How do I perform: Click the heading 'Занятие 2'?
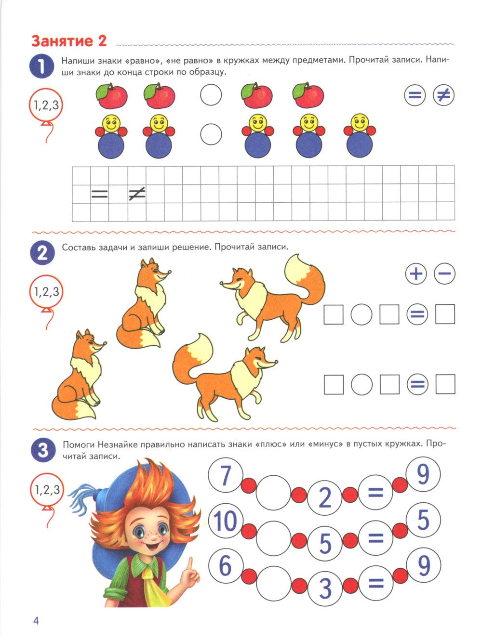pos(68,41)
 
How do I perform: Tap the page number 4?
pos(36,620)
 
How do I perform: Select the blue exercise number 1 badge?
pos(42,66)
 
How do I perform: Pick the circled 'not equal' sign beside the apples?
pos(443,95)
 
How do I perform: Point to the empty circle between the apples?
pos(211,95)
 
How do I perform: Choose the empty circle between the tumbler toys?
pos(211,134)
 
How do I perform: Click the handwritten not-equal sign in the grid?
pos(137,194)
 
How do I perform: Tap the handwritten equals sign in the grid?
pos(100,195)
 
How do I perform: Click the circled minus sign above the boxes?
pos(444,274)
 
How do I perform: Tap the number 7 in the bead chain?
pos(225,476)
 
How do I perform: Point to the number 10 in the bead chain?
pos(225,521)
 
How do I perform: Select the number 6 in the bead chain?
pos(225,566)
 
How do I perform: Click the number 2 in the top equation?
pos(325,497)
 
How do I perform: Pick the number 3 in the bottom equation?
pos(325,588)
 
